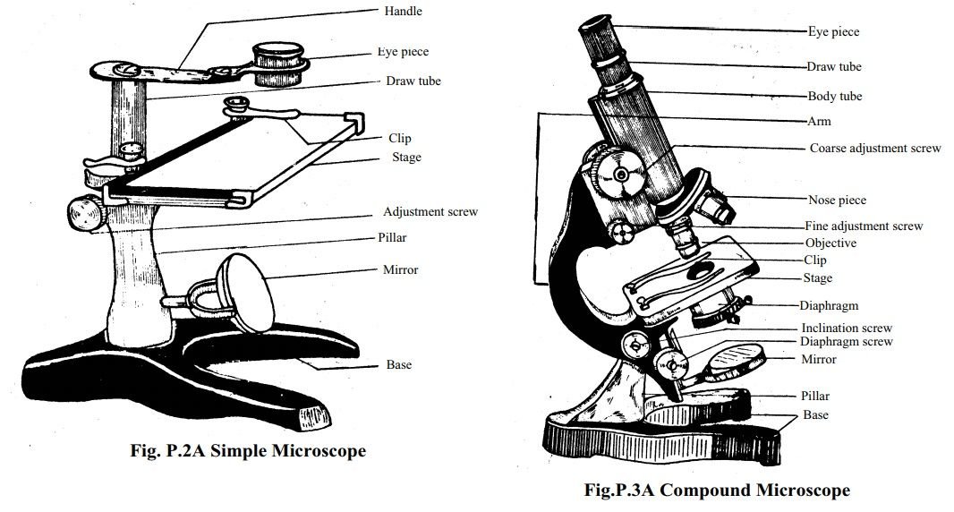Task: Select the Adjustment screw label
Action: [x=430, y=212]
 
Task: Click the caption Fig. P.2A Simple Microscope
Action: [x=247, y=451]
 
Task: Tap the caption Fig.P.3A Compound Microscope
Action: [x=716, y=490]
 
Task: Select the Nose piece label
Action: [x=837, y=200]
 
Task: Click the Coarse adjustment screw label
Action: [x=874, y=148]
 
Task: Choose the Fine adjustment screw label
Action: [x=863, y=226]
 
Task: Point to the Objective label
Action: [x=830, y=243]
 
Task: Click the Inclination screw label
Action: [x=846, y=329]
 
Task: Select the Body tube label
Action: [x=834, y=96]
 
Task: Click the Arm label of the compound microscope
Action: [x=819, y=121]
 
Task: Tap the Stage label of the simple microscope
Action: [x=406, y=158]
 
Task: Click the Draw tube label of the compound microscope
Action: [x=834, y=66]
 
